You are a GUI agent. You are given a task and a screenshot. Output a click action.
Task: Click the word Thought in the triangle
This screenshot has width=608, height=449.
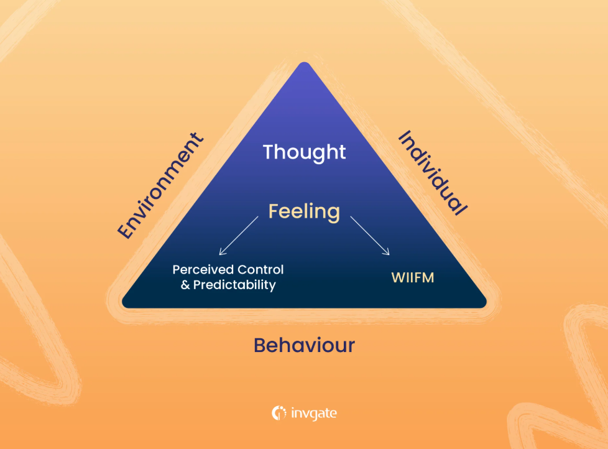(304, 152)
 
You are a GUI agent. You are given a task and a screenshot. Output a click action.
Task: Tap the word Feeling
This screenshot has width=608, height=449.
(304, 211)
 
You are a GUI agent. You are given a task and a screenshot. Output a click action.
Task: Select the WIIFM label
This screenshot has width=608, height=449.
(413, 277)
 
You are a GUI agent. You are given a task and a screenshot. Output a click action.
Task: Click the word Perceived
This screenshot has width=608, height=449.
(198, 270)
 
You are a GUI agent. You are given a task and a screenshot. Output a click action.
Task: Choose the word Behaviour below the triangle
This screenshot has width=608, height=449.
(304, 345)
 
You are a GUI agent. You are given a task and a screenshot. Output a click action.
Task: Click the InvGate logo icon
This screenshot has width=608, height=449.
(279, 413)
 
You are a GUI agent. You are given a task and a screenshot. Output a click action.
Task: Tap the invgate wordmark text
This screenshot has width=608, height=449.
(313, 413)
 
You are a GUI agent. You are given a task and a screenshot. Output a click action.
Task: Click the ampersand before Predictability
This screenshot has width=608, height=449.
(184, 285)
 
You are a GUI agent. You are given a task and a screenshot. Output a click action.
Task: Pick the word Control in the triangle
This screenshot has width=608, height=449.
(261, 270)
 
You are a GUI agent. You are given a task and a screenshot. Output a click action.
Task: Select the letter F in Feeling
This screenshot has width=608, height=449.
(274, 211)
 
